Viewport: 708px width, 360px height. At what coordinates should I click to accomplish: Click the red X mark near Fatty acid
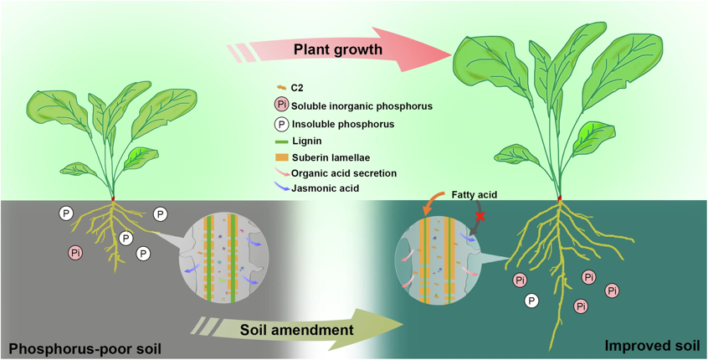[480, 216]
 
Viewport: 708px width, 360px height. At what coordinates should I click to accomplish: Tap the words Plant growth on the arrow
[337, 50]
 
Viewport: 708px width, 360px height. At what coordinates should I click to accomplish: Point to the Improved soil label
[649, 345]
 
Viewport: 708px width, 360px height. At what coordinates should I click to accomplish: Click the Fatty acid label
[475, 194]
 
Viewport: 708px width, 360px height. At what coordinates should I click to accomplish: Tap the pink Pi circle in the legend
[280, 105]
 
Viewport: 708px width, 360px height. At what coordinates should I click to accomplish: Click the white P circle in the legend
[280, 124]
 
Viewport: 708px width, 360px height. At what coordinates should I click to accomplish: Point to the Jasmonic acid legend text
[328, 188]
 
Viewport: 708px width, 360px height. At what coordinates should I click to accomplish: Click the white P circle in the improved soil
[531, 301]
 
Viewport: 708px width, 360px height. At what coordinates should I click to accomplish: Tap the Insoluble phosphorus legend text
[342, 124]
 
